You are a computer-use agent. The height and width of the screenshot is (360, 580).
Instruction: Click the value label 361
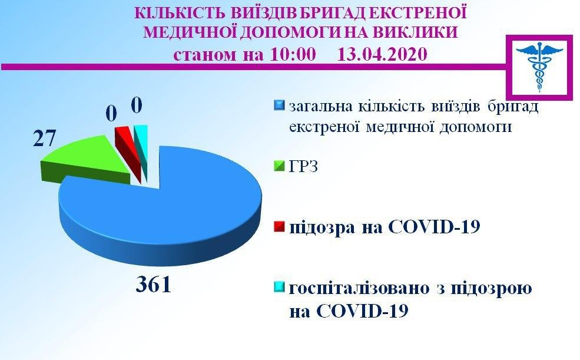(154, 285)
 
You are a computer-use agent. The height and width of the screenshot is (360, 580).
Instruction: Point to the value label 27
(44, 138)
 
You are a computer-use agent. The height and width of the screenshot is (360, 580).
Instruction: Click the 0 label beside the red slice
(111, 113)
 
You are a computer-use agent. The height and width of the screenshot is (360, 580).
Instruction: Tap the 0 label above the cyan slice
(137, 105)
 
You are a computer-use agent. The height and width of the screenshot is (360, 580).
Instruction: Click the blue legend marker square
(279, 105)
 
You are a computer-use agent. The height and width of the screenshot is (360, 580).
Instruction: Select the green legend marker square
(279, 166)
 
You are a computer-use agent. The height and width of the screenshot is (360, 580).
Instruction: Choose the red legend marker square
(279, 226)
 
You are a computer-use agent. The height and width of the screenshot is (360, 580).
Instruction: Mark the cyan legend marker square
(279, 288)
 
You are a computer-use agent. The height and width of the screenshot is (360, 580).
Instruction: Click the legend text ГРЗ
(303, 167)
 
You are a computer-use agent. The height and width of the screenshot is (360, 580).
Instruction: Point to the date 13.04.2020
(383, 54)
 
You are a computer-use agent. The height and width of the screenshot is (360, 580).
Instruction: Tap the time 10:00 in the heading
(293, 54)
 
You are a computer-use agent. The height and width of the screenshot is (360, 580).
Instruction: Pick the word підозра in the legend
(321, 227)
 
